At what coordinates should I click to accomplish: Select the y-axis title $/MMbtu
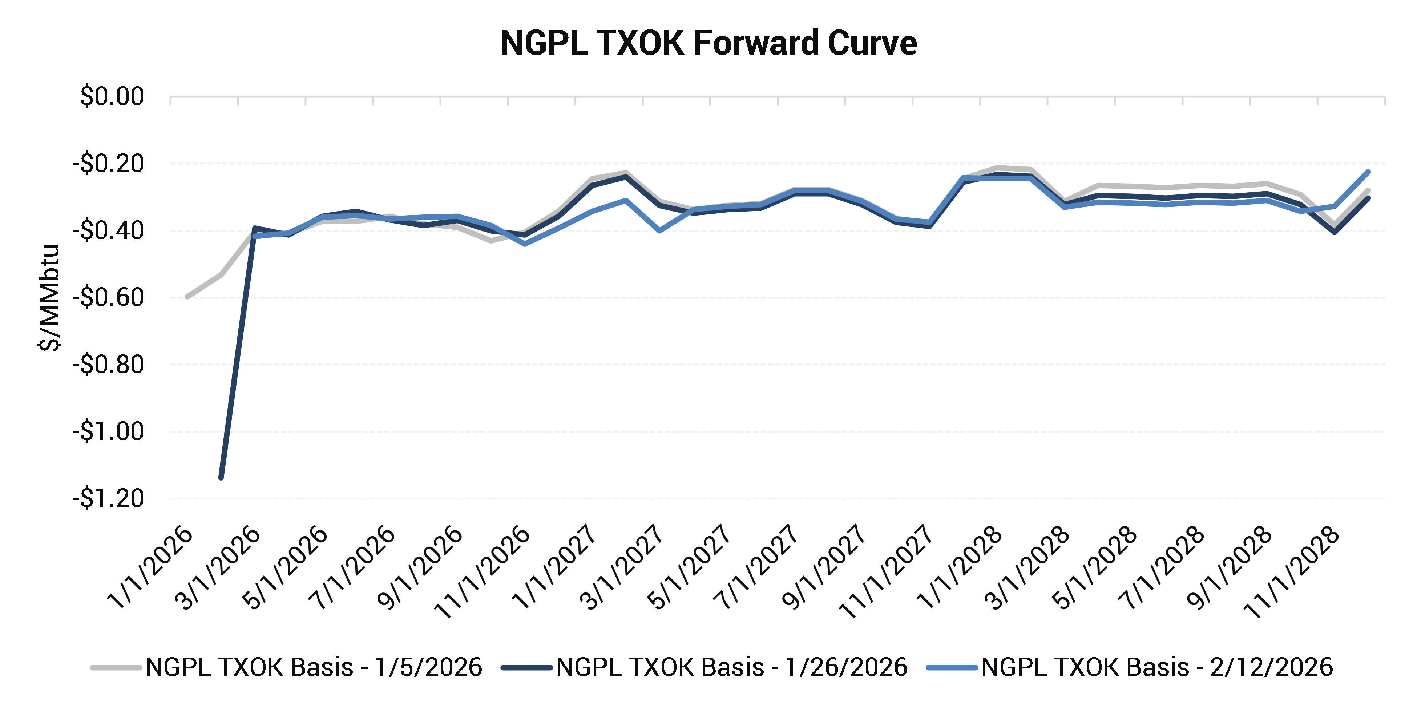49,297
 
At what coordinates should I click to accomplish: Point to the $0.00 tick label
112,96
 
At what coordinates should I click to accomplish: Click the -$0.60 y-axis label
108,298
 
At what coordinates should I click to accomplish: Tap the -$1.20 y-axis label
108,498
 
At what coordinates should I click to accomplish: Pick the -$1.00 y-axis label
108,431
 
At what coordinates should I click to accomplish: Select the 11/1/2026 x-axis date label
483,572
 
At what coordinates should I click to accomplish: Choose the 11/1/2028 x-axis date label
1292,572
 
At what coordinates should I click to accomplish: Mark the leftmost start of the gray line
187,297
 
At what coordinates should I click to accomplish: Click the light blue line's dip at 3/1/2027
659,230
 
